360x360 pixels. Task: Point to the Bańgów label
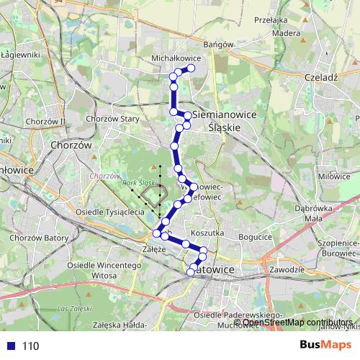click(x=220, y=44)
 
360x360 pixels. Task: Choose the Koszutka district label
click(x=209, y=233)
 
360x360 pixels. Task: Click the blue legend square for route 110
click(x=9, y=346)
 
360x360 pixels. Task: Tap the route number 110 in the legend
click(x=30, y=346)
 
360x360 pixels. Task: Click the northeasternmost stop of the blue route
click(x=192, y=68)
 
